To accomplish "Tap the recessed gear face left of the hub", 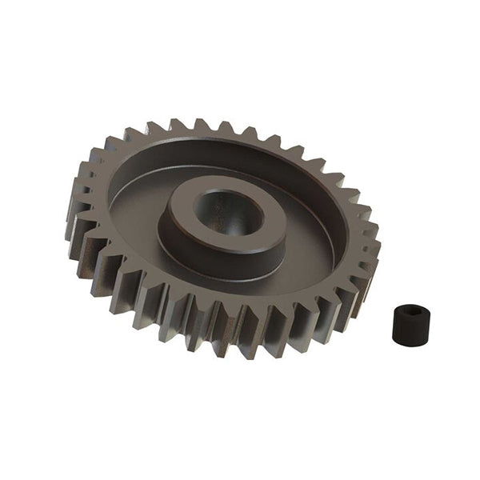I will [136, 210].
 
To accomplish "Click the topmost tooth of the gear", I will [200, 126].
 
